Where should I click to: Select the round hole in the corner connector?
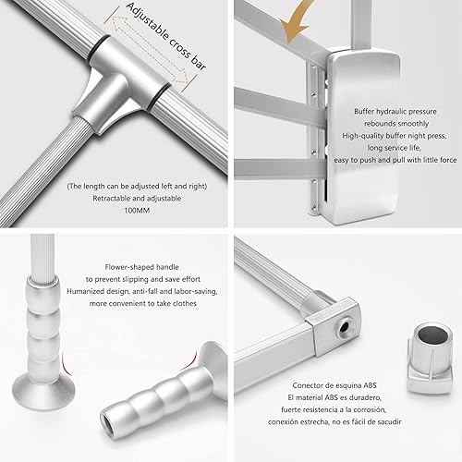pos(344,324)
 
